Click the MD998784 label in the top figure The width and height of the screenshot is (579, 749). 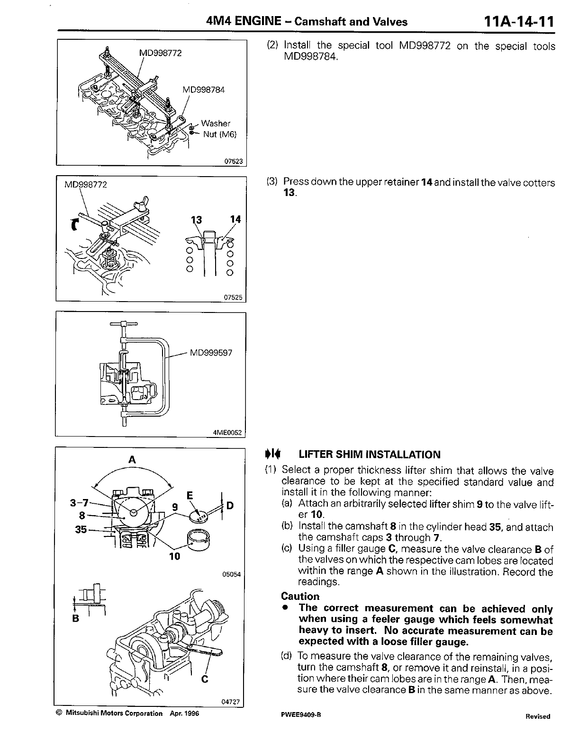204,89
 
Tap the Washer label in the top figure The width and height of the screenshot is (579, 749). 216,124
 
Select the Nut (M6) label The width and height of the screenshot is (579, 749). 219,134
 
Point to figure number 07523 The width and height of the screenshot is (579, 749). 233,161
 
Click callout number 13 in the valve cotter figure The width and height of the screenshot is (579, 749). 196,220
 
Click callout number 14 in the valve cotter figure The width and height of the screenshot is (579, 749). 235,219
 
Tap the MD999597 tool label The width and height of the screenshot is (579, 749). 211,353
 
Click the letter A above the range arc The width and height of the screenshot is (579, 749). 132,459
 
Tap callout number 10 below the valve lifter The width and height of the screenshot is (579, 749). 175,557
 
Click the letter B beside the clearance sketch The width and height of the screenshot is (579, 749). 75,619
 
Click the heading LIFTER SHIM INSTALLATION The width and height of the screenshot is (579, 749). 369,455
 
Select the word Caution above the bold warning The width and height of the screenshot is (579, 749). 300,597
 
